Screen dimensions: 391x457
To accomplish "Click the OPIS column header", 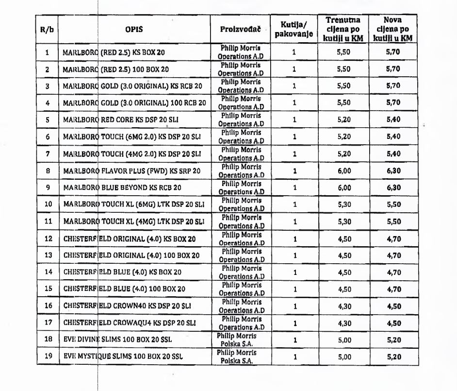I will click(134, 29).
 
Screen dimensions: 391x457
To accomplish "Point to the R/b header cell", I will click(47, 29).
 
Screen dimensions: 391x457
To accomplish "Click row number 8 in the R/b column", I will click(48, 170).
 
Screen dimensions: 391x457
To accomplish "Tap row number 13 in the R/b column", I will click(48, 255).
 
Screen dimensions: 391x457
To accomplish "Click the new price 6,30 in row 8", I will click(393, 170).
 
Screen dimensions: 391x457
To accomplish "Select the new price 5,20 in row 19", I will click(393, 357).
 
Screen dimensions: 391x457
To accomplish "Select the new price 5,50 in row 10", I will click(393, 204).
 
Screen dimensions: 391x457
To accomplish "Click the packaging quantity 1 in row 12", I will click(294, 238).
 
